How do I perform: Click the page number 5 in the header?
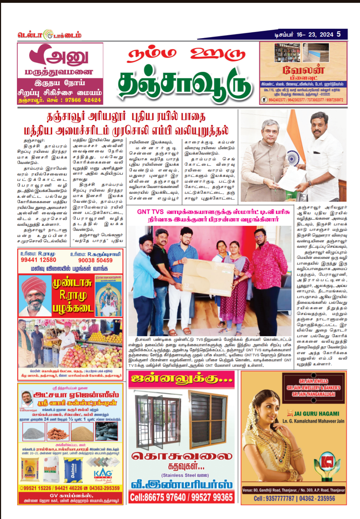pos(338,34)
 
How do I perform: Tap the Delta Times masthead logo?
pos(49,35)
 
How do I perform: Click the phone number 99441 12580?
pos(38,260)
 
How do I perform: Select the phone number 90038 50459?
pos(95,260)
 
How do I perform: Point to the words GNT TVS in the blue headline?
pos(150,212)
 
